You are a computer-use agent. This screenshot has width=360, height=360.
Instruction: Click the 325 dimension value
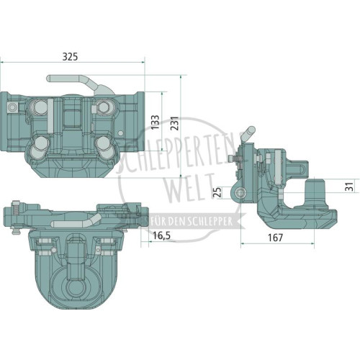(x=70, y=57)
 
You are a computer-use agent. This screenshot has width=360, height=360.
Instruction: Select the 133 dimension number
(x=156, y=122)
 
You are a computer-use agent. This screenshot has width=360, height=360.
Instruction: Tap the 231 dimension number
(x=174, y=123)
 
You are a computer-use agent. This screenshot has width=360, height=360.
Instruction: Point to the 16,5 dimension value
(x=161, y=235)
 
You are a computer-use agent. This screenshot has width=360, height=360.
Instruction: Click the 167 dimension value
(x=275, y=238)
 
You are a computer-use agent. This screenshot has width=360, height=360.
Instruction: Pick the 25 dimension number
(x=217, y=192)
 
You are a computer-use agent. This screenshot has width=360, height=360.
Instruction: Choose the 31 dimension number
(x=349, y=186)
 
